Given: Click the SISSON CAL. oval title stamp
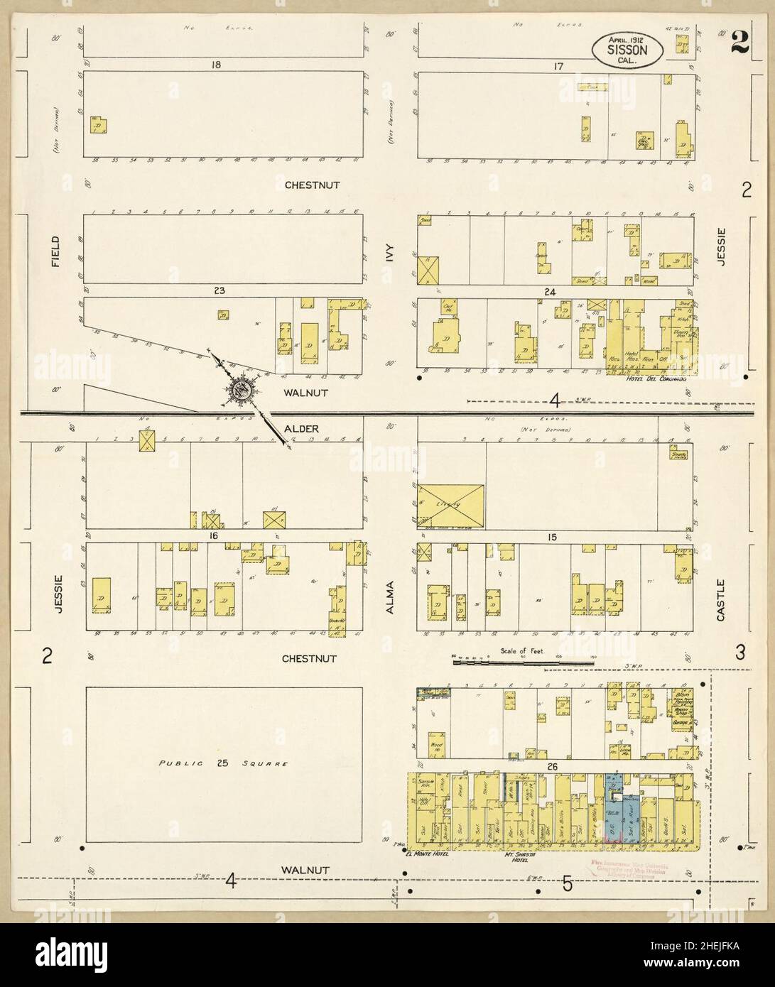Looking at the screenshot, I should click(x=627, y=50).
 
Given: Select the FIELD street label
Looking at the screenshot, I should click(x=55, y=251).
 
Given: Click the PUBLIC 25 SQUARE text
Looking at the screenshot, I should click(x=223, y=764).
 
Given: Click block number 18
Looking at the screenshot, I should click(x=216, y=65).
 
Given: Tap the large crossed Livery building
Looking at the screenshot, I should click(x=451, y=506).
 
